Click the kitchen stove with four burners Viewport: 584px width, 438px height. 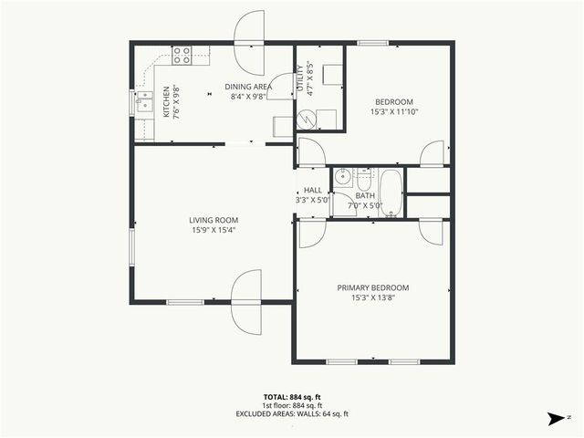pos(182,56)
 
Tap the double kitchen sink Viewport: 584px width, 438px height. pos(144,103)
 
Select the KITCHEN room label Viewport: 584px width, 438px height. pos(166,102)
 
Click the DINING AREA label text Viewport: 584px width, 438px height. pos(249,87)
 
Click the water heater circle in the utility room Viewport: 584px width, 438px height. pos(307,119)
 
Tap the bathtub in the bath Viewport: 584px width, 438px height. pos(391,193)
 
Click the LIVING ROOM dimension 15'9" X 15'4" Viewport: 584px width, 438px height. pos(214,231)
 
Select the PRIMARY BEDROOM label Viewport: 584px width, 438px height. pos(380,287)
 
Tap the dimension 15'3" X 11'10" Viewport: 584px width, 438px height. pos(393,112)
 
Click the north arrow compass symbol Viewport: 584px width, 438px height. pos(556,419)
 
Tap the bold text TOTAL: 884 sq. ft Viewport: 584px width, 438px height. pos(291,397)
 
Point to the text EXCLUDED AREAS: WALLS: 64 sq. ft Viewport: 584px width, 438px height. pos(291,414)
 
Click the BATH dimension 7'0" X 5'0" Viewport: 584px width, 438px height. pos(365,205)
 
